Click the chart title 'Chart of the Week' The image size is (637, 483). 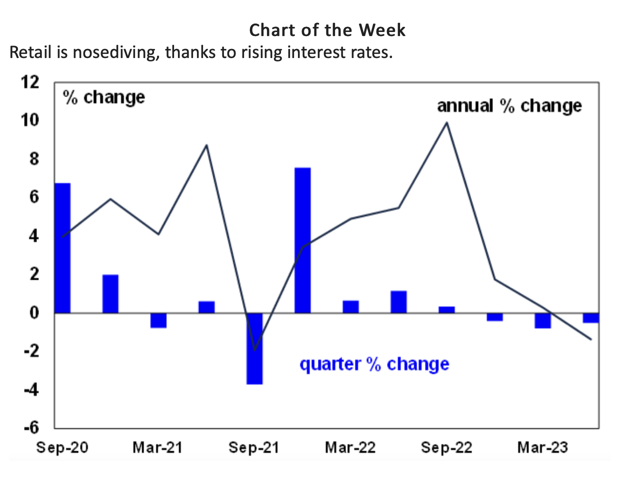[x=327, y=30]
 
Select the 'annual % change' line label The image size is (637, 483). [x=509, y=106]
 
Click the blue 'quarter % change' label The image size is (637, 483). [x=374, y=364]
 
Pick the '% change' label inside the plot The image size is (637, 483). [x=103, y=97]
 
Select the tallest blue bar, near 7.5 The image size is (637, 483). [x=302, y=240]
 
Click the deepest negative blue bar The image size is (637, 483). [x=254, y=348]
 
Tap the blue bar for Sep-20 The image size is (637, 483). [x=62, y=248]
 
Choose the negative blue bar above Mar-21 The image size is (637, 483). [x=158, y=320]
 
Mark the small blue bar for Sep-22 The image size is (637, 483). [x=446, y=309]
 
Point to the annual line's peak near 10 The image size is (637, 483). [x=446, y=122]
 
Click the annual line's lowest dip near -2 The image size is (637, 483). [x=255, y=350]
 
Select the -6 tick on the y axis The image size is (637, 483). [x=31, y=428]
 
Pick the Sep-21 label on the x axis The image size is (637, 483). [x=253, y=447]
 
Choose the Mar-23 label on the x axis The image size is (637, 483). [x=542, y=447]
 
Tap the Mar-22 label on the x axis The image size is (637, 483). [x=350, y=447]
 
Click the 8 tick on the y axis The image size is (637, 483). [x=34, y=159]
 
